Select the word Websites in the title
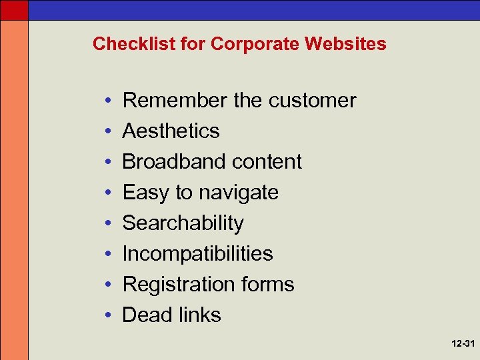click(x=345, y=44)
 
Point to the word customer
click(x=313, y=101)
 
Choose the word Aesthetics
click(x=171, y=131)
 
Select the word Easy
click(x=146, y=193)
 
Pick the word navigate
click(x=238, y=193)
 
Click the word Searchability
click(x=183, y=223)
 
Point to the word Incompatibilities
click(x=198, y=254)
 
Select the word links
click(x=197, y=315)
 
